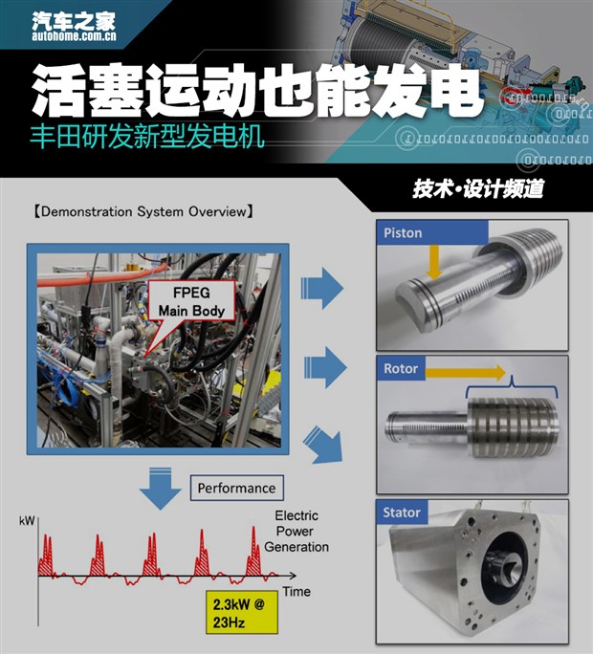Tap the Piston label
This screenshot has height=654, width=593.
(404, 233)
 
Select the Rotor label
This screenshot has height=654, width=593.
(402, 369)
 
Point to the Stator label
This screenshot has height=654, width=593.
(403, 512)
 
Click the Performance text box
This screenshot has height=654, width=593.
(236, 488)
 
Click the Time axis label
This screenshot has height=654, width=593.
(296, 592)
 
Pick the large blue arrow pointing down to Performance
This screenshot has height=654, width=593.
(160, 490)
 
